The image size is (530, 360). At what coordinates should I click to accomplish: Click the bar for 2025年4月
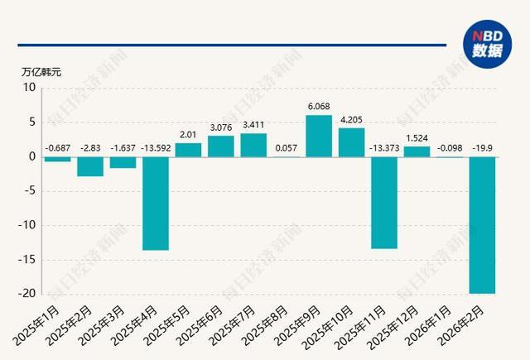tap(156, 203)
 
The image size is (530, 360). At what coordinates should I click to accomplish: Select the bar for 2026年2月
tap(482, 224)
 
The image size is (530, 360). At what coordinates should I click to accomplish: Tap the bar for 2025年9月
tap(319, 136)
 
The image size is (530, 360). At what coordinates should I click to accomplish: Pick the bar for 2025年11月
tap(384, 202)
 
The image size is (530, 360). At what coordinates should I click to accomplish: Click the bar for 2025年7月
tap(253, 145)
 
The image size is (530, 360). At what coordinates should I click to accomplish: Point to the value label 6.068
tap(319, 107)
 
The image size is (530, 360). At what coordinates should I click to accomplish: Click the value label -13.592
tap(156, 149)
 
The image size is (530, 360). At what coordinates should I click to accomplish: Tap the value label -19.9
tap(483, 149)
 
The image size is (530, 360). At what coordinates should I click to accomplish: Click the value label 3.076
tap(221, 127)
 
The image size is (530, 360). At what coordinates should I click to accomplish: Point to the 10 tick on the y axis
tap(30, 88)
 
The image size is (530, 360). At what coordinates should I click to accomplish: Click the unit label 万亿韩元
tap(41, 71)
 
